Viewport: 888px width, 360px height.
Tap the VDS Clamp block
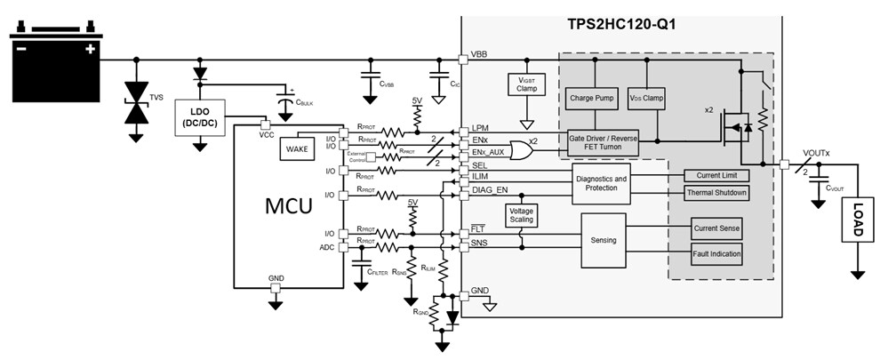[x=646, y=97]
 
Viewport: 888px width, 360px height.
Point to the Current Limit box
[x=716, y=175]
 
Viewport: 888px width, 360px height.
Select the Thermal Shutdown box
[x=716, y=193]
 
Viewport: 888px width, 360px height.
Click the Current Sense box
[x=716, y=229]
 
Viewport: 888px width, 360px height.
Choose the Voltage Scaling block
[x=521, y=218]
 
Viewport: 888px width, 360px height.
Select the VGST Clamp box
[x=526, y=84]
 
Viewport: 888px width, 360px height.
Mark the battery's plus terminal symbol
[x=90, y=50]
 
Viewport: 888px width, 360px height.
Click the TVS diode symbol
[x=137, y=100]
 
